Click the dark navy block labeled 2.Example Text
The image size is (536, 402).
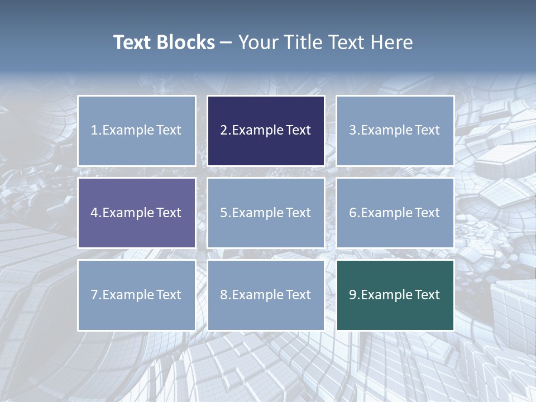tap(266, 131)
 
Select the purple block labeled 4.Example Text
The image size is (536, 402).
tap(137, 213)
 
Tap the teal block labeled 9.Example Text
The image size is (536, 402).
tap(395, 295)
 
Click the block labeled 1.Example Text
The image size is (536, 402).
tap(137, 131)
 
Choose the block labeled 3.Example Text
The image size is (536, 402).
tap(395, 131)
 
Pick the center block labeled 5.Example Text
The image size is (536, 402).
tap(266, 213)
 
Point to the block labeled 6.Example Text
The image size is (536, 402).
tap(395, 213)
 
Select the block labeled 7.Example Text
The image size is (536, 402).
tap(137, 295)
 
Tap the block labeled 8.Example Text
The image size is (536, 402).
tap(266, 295)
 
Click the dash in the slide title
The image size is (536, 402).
tap(226, 42)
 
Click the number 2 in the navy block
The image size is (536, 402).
tap(223, 131)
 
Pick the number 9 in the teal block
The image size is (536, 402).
tap(353, 295)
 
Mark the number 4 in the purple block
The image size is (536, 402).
tap(94, 213)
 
